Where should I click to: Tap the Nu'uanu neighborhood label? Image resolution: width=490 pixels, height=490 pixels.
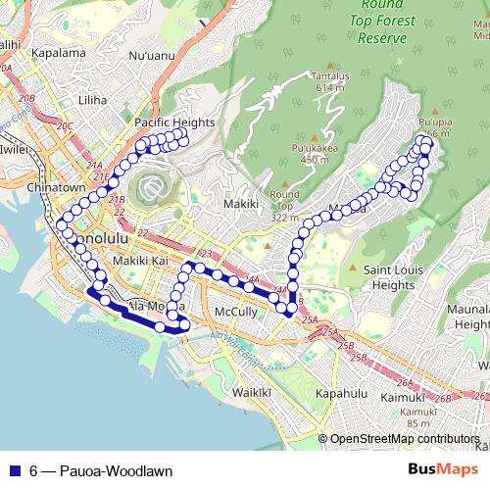pos(150,56)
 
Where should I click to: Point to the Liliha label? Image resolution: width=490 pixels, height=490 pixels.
pos(93,101)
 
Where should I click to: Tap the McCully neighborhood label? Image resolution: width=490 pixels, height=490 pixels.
pos(234,312)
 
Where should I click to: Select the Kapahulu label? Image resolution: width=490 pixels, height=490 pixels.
pos(342,392)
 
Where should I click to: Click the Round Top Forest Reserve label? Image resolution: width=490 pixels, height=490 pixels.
pos(380,24)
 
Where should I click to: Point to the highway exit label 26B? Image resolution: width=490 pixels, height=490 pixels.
pos(443,398)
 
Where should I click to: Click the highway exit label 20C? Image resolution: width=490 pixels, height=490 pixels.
pos(65,126)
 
